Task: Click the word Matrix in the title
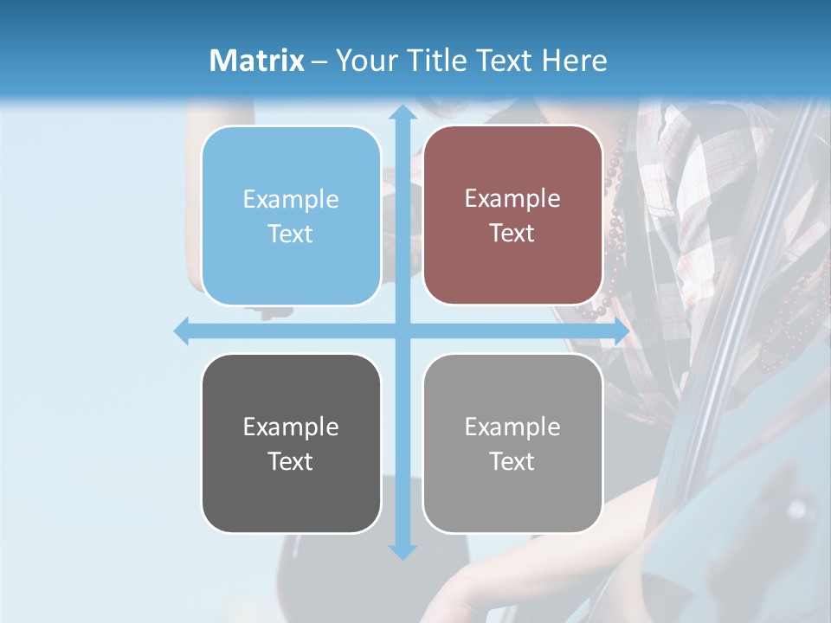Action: (x=257, y=61)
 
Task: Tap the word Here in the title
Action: (x=574, y=61)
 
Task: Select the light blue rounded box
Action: (x=291, y=215)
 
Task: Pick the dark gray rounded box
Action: (x=291, y=443)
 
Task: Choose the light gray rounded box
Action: (x=512, y=443)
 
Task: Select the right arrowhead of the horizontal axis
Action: (x=621, y=331)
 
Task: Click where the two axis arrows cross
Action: (x=402, y=331)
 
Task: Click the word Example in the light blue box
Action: (x=291, y=200)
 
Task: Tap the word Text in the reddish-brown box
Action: (x=512, y=233)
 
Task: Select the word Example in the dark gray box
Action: (x=291, y=427)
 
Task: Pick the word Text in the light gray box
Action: (x=512, y=461)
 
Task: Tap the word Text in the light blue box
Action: (x=291, y=234)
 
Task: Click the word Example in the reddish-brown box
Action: (x=512, y=199)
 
